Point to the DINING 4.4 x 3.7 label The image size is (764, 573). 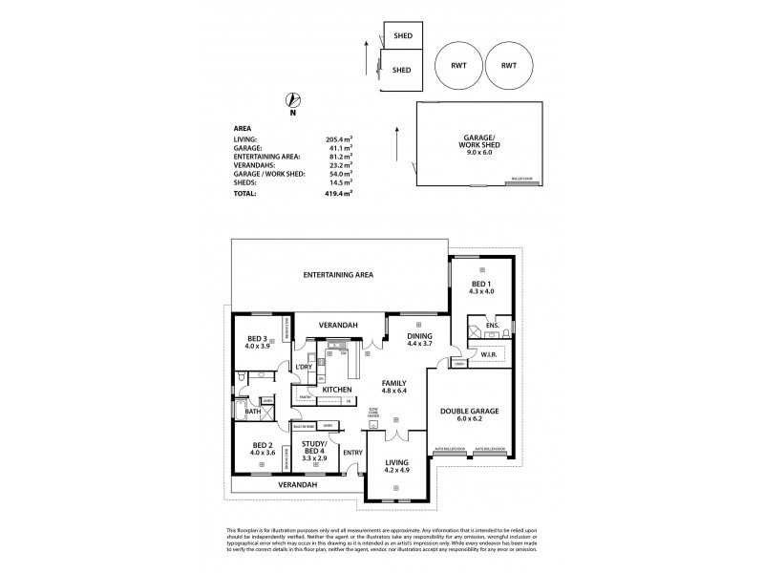coord(419,341)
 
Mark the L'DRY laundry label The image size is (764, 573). coord(306,367)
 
